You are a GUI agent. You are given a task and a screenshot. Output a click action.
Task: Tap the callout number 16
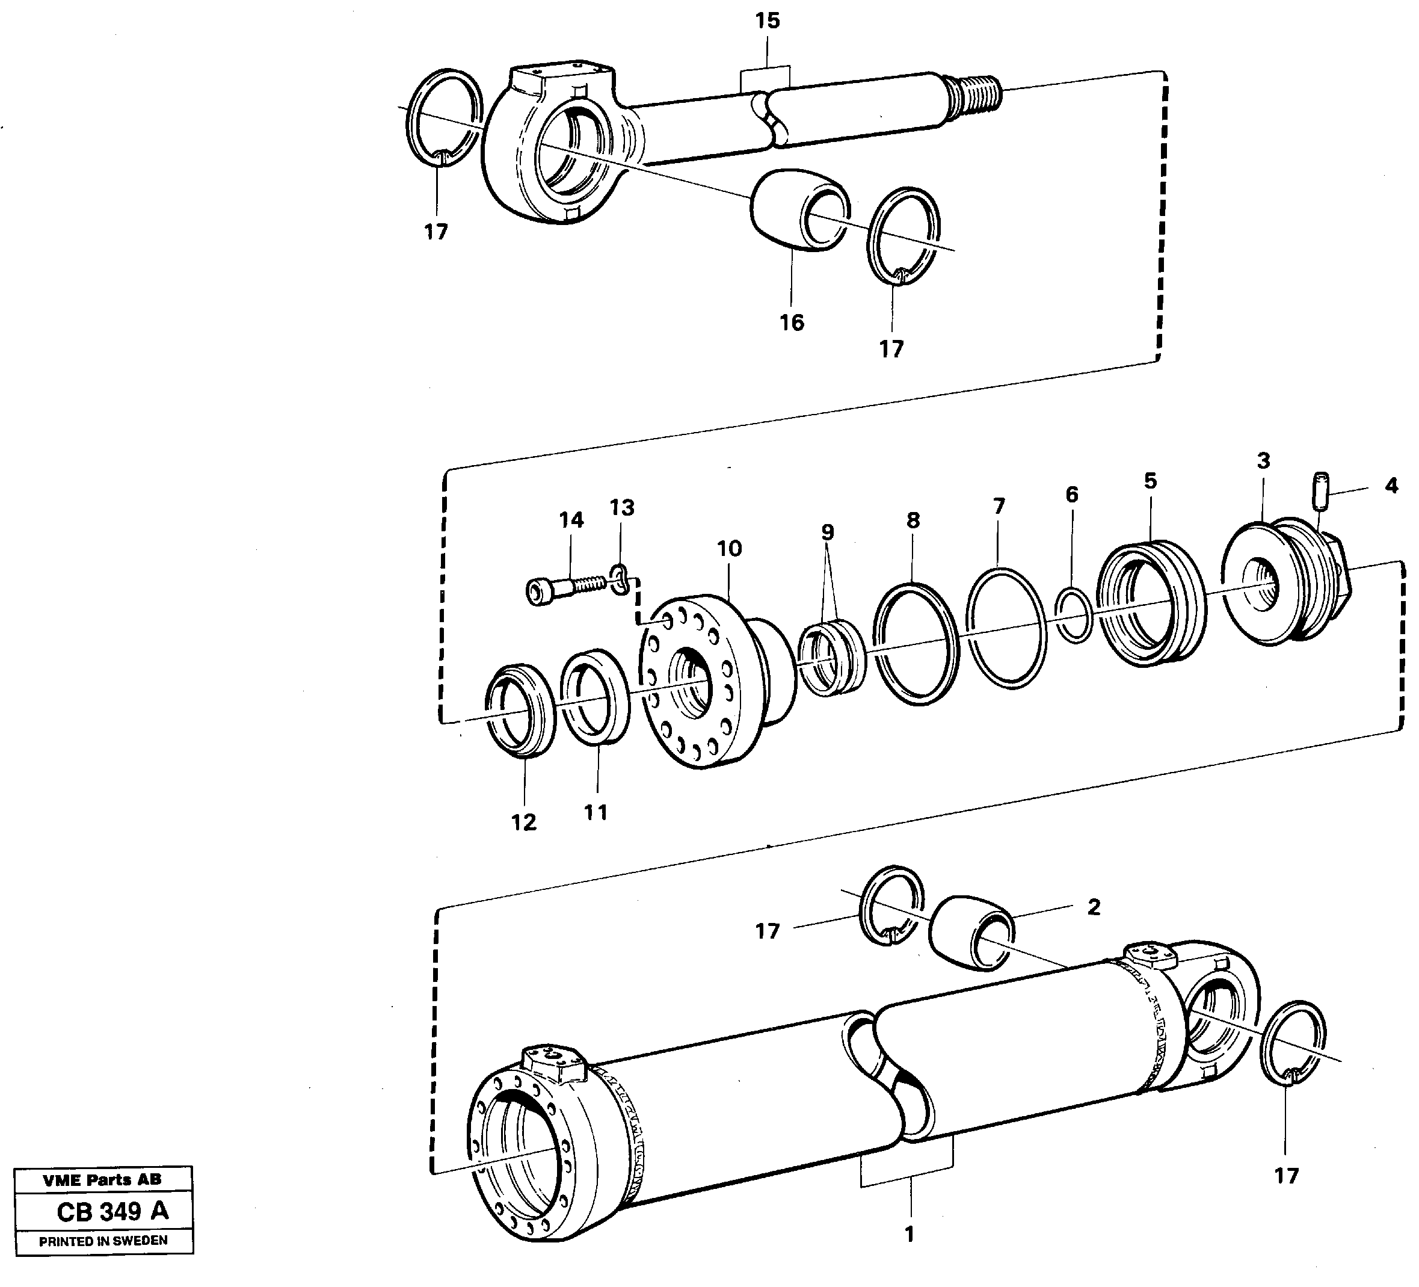[791, 323]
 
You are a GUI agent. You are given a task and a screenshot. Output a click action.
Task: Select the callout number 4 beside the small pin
[1391, 485]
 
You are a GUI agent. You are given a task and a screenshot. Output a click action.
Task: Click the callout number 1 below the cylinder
[909, 1233]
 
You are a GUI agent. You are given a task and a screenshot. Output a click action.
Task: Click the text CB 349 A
[112, 1211]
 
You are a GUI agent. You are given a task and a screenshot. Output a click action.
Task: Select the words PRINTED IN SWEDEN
[103, 1241]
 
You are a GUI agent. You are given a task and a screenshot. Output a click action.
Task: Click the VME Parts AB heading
[102, 1179]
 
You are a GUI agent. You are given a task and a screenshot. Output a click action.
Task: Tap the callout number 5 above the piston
[1150, 481]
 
